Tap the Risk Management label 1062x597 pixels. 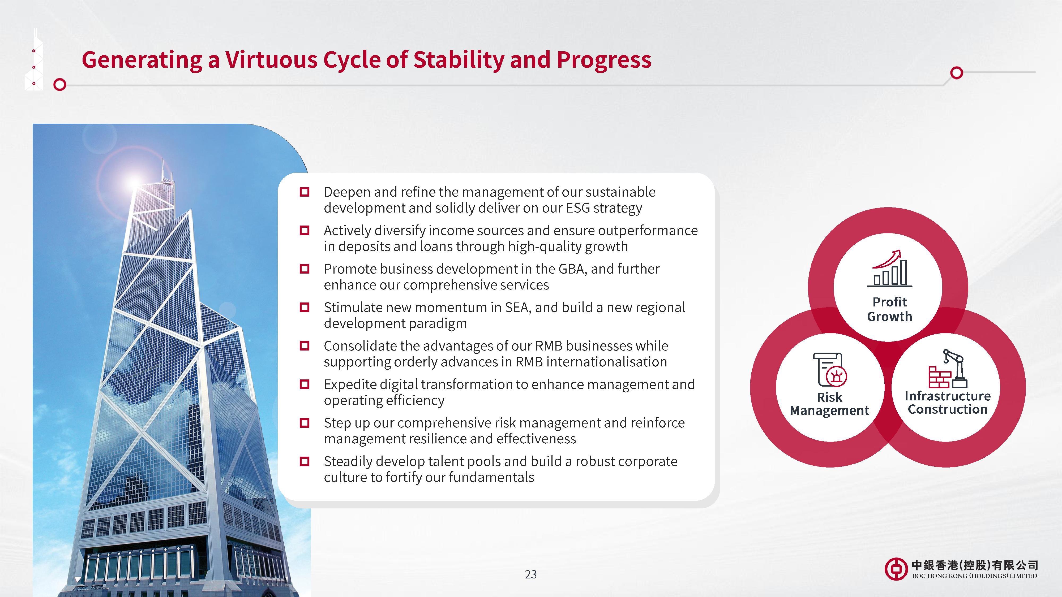(x=829, y=404)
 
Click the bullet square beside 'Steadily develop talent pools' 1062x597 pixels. (x=304, y=461)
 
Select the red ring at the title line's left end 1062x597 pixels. (x=60, y=85)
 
